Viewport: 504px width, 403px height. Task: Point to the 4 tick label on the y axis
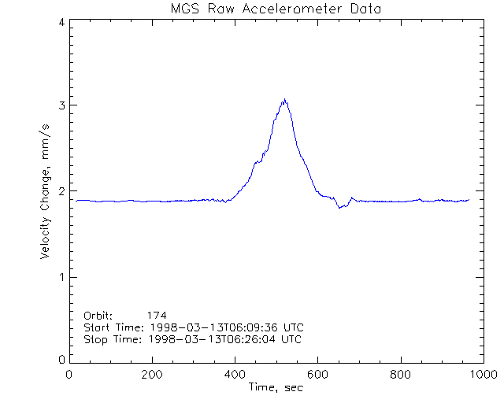click(61, 22)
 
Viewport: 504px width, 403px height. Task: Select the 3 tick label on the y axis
click(61, 105)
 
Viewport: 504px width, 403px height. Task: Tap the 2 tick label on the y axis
click(61, 191)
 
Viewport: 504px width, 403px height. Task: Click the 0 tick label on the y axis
click(61, 359)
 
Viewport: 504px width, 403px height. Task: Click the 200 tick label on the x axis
click(151, 375)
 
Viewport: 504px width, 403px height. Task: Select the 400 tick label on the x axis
click(235, 375)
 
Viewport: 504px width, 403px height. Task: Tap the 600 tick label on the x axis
click(317, 375)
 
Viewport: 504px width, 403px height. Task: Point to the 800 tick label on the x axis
click(400, 375)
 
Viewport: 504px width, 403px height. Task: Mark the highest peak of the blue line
click(284, 100)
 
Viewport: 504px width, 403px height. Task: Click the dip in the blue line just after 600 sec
click(339, 207)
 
